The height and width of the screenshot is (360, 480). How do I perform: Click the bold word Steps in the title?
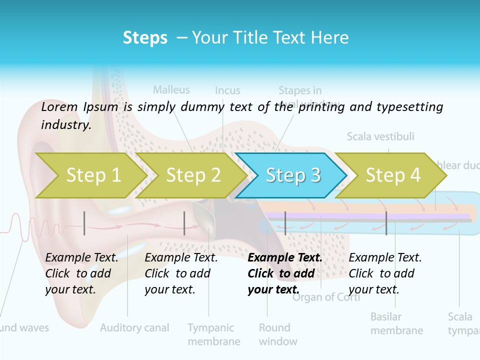pos(145,37)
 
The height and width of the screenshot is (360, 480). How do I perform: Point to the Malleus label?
pos(171,90)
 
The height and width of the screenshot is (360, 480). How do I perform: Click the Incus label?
pos(227,90)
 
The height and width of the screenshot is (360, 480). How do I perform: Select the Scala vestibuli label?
pos(380,136)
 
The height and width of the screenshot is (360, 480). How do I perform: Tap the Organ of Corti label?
pos(326,297)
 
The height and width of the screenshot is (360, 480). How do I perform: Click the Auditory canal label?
pos(134,328)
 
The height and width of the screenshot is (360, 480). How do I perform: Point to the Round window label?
pos(278,334)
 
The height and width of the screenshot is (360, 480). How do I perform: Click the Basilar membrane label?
pos(396,323)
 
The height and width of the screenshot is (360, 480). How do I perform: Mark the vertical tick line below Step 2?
pos(184,223)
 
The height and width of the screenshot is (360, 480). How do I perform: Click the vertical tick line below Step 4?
pos(386,223)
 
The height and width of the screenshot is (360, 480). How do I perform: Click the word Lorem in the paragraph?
pos(59,106)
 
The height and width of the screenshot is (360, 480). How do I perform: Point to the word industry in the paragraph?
pos(66,125)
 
